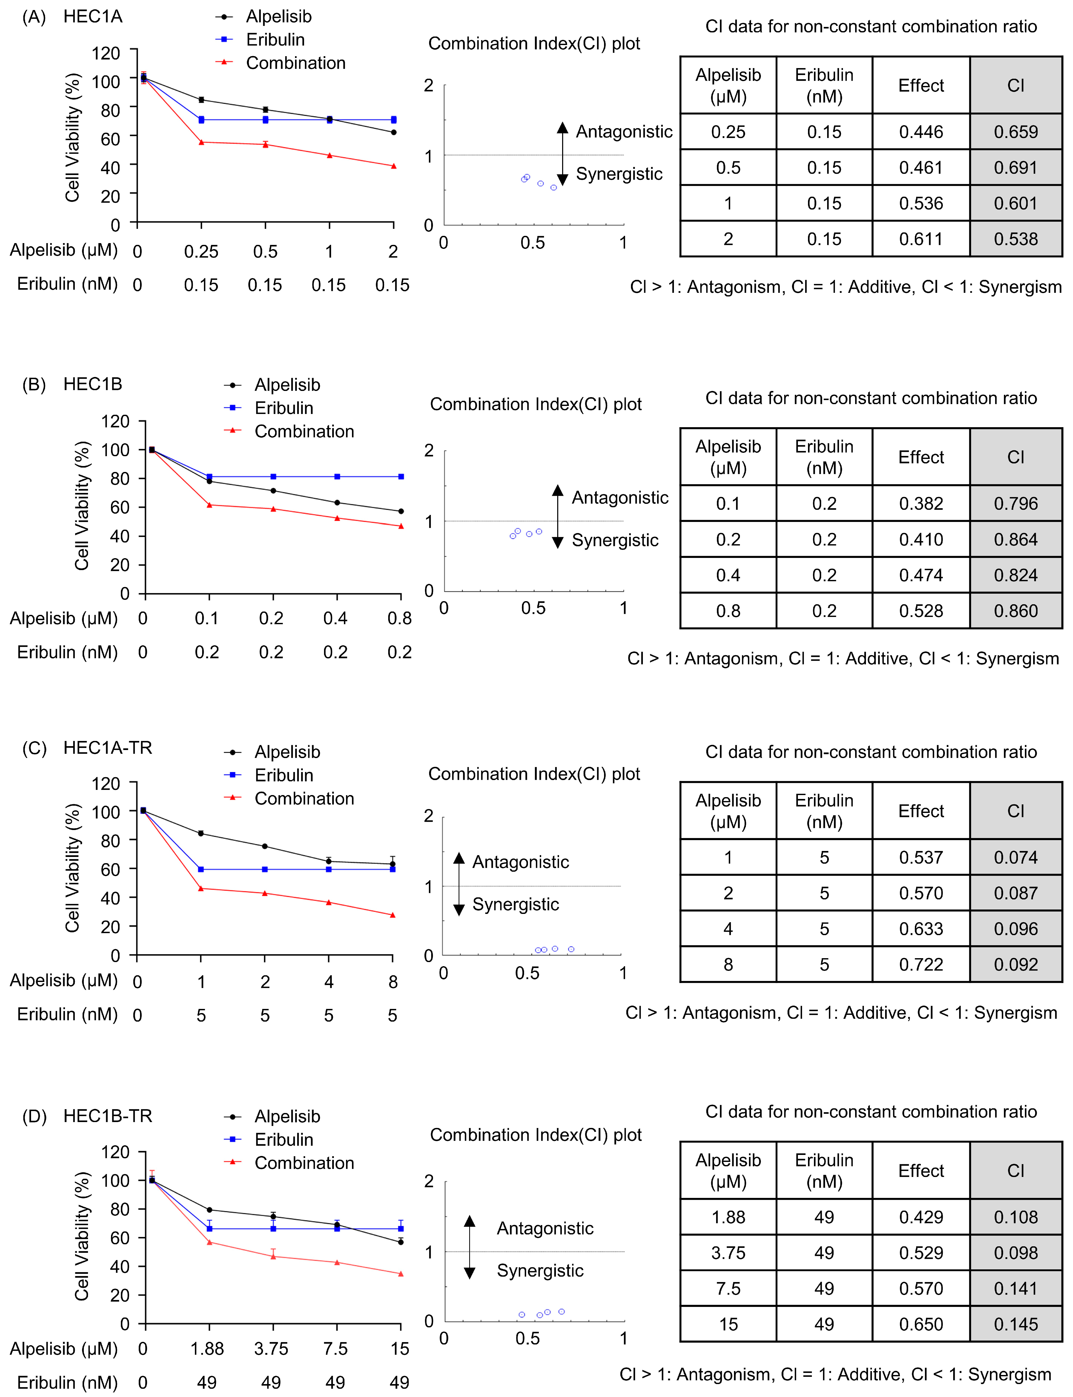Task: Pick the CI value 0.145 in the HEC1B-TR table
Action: coord(1016,1324)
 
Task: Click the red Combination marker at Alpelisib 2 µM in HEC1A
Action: coord(393,166)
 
